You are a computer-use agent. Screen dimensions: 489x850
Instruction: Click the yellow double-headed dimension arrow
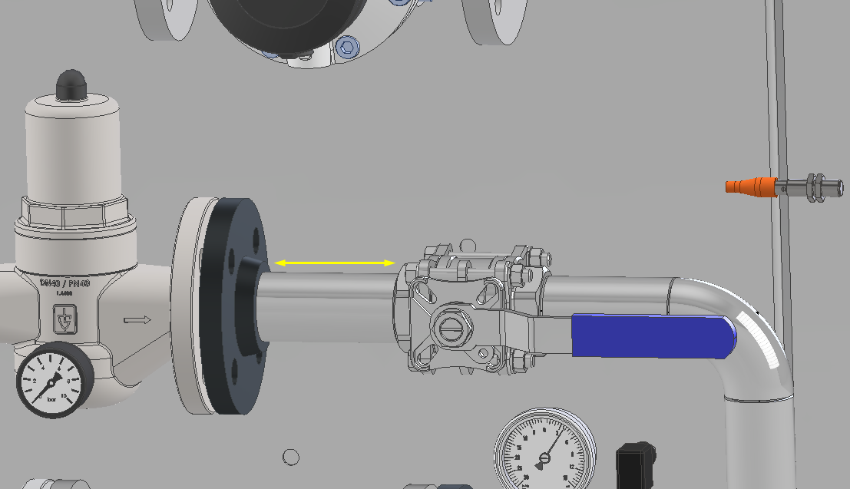336,263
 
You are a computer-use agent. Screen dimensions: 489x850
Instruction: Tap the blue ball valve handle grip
652,336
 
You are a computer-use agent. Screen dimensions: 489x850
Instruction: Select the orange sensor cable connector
751,186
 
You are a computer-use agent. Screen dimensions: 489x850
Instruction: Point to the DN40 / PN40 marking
64,283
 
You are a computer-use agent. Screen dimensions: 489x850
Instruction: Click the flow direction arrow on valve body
138,319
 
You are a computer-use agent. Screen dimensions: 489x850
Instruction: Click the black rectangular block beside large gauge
635,465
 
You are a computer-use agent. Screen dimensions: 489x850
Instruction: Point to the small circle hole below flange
290,457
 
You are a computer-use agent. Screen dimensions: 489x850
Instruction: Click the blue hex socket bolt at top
348,48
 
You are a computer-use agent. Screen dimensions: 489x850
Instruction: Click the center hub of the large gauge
544,459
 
